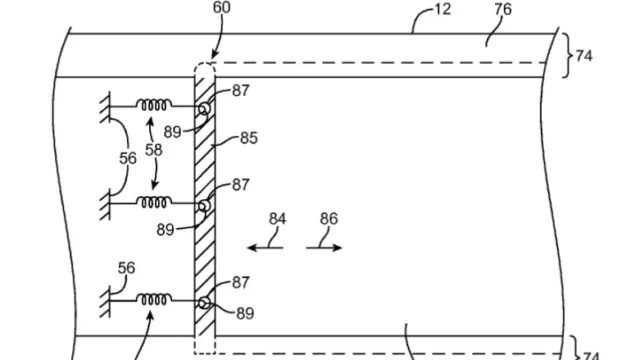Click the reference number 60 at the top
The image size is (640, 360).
(222, 7)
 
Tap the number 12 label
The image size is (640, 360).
(442, 9)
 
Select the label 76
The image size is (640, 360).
(503, 9)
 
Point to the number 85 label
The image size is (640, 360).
(249, 138)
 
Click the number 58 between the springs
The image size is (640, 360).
(153, 150)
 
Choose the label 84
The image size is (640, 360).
(277, 219)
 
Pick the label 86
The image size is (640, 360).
(329, 219)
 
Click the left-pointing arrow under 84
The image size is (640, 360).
(265, 247)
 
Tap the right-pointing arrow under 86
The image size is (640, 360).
(324, 247)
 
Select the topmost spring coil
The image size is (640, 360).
(153, 105)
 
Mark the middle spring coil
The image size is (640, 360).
(153, 202)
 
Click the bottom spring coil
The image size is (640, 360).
(153, 300)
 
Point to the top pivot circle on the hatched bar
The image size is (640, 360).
(204, 109)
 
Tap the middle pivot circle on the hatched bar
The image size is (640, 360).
(204, 206)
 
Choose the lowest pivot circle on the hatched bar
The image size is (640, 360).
(204, 303)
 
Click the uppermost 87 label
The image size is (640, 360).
(240, 91)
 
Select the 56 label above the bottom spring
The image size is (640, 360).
(126, 268)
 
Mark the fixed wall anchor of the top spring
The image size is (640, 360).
(105, 107)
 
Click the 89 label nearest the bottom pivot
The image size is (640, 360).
(245, 313)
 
